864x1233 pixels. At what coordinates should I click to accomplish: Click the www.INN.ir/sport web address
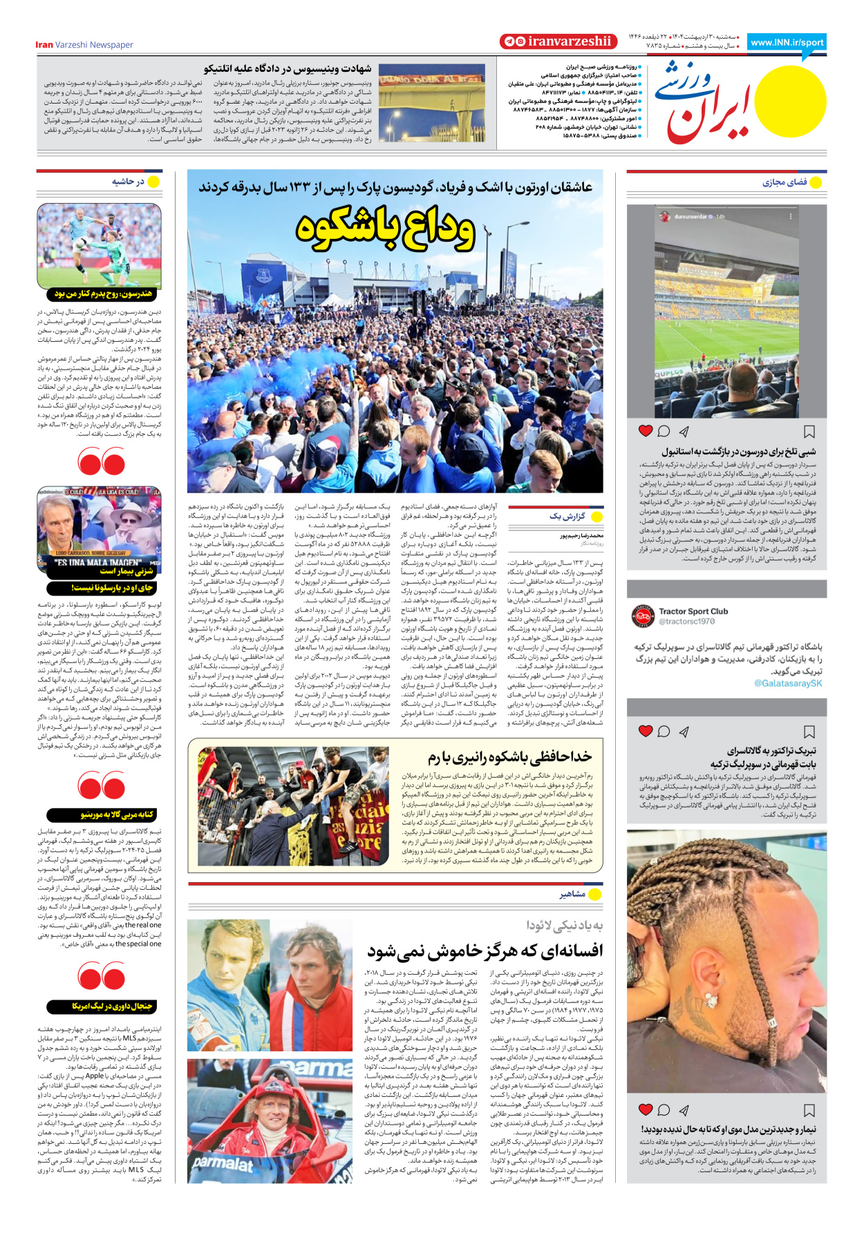click(x=787, y=42)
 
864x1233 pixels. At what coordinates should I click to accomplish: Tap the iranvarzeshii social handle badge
click(x=558, y=41)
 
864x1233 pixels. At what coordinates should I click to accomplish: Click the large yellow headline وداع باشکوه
click(x=385, y=229)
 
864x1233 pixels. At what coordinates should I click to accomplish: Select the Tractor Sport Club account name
click(x=693, y=611)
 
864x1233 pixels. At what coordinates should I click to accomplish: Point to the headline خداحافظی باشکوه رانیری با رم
click(x=509, y=758)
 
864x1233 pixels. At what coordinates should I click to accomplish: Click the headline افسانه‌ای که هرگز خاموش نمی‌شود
click(x=485, y=951)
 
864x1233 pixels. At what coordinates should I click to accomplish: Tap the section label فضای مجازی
click(x=785, y=182)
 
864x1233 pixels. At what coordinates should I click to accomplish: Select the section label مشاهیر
click(x=572, y=894)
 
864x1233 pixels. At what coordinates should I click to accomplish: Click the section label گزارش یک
click(x=567, y=516)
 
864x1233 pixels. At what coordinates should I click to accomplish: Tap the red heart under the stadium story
click(x=646, y=431)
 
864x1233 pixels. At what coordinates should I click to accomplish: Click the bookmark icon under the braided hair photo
click(x=809, y=1110)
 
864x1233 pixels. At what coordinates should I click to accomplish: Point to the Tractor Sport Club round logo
click(x=644, y=615)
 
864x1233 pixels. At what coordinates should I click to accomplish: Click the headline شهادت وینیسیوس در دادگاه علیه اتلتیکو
click(x=288, y=68)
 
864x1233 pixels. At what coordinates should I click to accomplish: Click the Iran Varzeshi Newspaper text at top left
click(x=84, y=45)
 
